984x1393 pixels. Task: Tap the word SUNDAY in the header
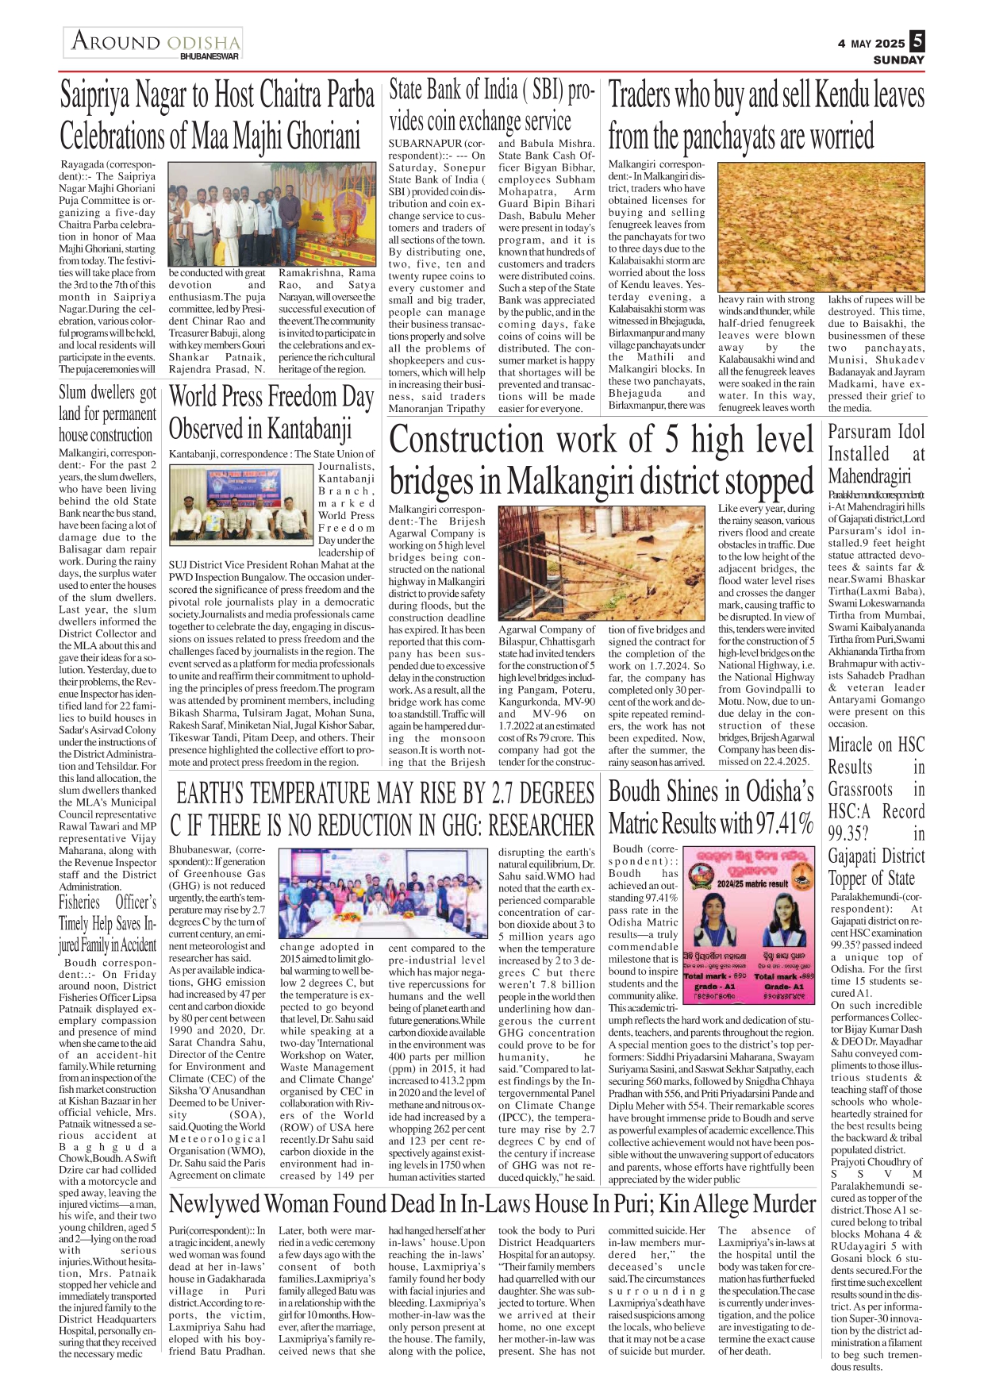[898, 60]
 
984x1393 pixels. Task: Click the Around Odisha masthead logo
[153, 43]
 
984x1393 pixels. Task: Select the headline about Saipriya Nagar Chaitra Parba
[217, 115]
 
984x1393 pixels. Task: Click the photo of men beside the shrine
[271, 214]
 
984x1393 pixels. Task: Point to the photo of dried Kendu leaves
[821, 227]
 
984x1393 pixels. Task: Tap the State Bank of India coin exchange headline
[492, 105]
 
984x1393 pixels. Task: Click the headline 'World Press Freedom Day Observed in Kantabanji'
[271, 412]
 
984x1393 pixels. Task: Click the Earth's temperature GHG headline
[382, 809]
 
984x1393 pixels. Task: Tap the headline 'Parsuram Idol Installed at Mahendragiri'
[876, 454]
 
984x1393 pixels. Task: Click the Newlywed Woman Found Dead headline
[492, 1204]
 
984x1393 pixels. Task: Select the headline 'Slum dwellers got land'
[107, 414]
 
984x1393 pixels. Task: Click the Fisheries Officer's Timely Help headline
[107, 923]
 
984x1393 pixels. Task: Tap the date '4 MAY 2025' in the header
[871, 44]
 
